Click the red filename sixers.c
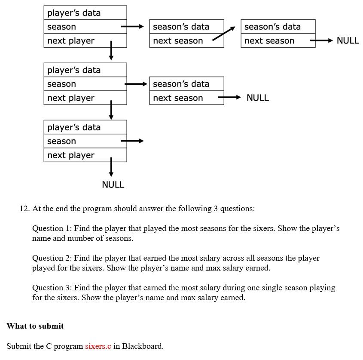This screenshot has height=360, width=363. coord(98,346)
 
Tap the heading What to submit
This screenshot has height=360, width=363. coord(35,326)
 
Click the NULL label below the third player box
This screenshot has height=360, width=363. coord(113,185)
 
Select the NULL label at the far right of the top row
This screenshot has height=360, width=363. coord(348,40)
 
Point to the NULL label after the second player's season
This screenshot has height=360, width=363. coord(258,98)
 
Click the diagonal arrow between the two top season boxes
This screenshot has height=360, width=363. coord(224,34)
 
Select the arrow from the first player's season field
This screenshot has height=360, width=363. coord(132,26)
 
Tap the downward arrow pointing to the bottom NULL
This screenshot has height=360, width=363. coord(111,167)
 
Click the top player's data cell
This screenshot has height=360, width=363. coord(85,13)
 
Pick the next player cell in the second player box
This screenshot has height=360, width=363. coord(85,98)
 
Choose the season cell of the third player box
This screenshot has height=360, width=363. coord(85,141)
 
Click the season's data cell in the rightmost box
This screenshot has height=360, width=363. coord(278,27)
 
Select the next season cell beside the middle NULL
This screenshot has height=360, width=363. coord(186,98)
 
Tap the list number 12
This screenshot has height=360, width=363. coord(25,209)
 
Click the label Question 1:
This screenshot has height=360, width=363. coord(52,228)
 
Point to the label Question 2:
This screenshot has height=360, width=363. coord(52,258)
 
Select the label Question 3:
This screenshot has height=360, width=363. coord(52,288)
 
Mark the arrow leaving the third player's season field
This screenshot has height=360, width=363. coord(132,141)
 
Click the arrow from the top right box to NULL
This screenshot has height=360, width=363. coord(321,40)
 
